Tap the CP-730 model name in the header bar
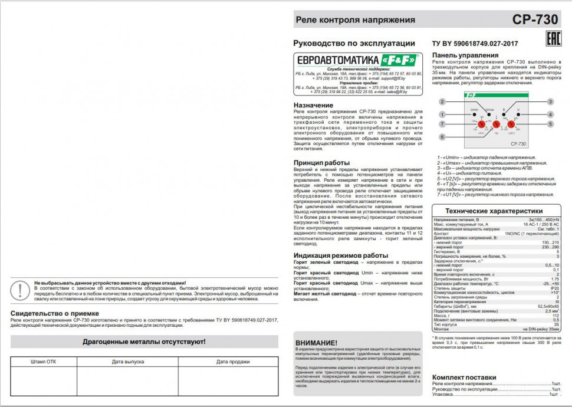(x=535, y=19)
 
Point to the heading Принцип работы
(x=321, y=162)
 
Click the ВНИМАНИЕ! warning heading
(x=316, y=343)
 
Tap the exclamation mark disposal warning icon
(x=21, y=290)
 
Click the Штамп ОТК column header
(x=43, y=362)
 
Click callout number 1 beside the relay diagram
(x=442, y=114)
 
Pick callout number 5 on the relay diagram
(x=550, y=124)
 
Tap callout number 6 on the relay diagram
(x=442, y=137)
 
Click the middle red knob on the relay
(x=496, y=124)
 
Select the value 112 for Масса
(x=555, y=316)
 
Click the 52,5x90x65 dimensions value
(x=548, y=306)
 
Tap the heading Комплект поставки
(x=464, y=377)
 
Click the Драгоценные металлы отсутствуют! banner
(x=144, y=342)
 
